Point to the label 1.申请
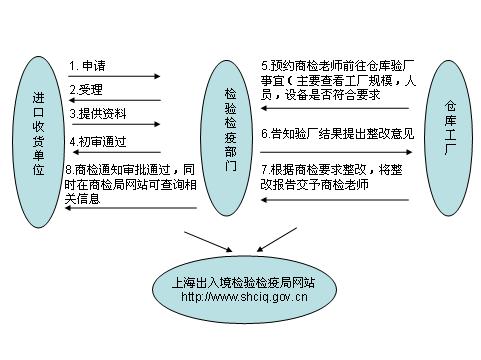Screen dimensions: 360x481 coord(87,66)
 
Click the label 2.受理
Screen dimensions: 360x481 coord(87,90)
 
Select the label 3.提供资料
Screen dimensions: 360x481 coord(99,114)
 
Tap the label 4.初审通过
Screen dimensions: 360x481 coord(99,139)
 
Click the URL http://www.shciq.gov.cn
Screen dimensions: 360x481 coord(244,297)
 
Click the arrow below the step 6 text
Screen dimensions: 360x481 coord(335,149)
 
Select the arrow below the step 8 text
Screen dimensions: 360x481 coord(130,210)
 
